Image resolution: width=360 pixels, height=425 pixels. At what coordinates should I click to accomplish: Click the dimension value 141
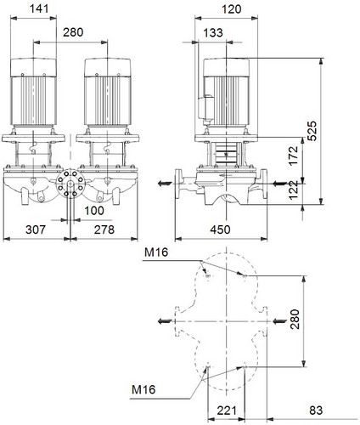(x=39, y=8)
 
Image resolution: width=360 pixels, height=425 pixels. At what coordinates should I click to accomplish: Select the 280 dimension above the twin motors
(x=73, y=32)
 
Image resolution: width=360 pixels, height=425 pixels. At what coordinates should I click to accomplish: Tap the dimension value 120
(x=232, y=9)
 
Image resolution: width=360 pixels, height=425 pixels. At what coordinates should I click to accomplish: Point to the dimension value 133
(x=213, y=32)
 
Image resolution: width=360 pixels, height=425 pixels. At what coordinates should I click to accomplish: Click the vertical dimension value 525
(x=312, y=131)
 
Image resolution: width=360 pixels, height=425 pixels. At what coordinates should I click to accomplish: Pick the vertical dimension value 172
(x=294, y=156)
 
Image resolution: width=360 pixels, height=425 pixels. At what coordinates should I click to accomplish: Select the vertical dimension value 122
(x=294, y=190)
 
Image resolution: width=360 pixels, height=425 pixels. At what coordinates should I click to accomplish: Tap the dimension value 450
(x=220, y=229)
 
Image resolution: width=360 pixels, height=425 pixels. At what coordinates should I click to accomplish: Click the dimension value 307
(x=36, y=229)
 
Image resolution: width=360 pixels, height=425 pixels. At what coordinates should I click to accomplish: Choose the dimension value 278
(x=104, y=229)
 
